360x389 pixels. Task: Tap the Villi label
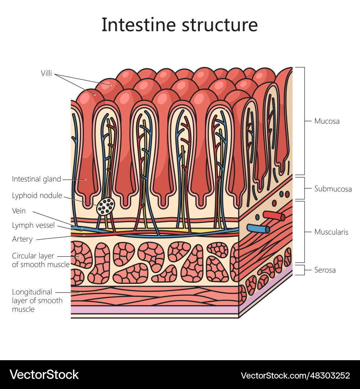pyautogui.click(x=46, y=73)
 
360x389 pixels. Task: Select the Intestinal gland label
pyautogui.click(x=36, y=179)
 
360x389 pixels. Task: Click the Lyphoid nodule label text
pyautogui.click(x=37, y=196)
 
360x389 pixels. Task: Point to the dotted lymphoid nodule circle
pyautogui.click(x=106, y=206)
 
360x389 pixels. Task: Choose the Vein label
pyautogui.click(x=19, y=211)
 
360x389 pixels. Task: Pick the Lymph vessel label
pyautogui.click(x=33, y=225)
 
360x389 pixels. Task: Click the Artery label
pyautogui.click(x=22, y=239)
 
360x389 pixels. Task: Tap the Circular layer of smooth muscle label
pyautogui.click(x=40, y=260)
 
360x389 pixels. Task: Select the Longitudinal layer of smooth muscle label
pyautogui.click(x=37, y=300)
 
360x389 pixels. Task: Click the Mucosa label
pyautogui.click(x=327, y=121)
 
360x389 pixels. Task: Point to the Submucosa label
pyautogui.click(x=333, y=189)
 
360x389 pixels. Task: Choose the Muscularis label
pyautogui.click(x=331, y=232)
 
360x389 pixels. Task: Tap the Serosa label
pyautogui.click(x=325, y=270)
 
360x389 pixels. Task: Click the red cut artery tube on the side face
pyautogui.click(x=274, y=216)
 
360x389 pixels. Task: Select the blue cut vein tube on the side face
pyautogui.click(x=258, y=229)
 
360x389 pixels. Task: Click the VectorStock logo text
pyautogui.click(x=44, y=375)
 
